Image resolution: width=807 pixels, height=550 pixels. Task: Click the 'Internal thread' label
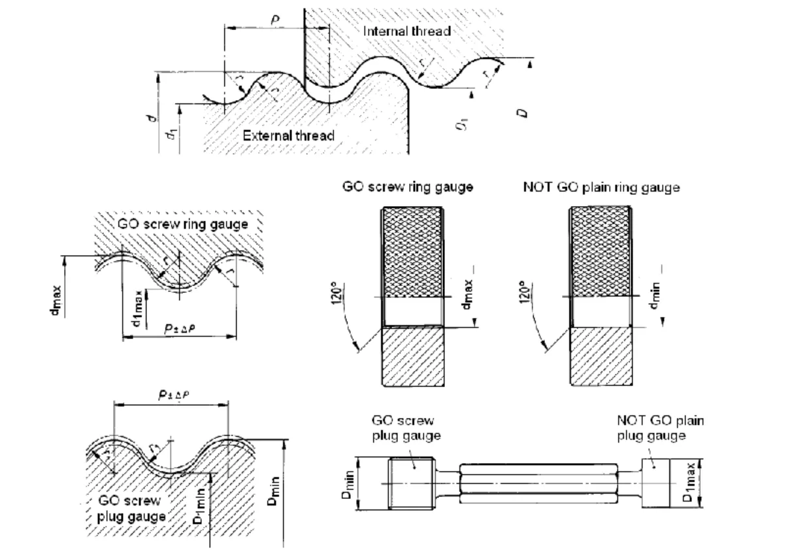(407, 31)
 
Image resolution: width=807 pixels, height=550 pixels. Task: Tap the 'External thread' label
(288, 136)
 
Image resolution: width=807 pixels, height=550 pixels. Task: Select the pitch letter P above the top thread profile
(276, 21)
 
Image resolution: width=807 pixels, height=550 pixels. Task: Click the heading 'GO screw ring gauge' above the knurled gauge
(408, 187)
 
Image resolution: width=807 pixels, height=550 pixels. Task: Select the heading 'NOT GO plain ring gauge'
(601, 187)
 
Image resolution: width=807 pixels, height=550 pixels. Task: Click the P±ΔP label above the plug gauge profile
(171, 396)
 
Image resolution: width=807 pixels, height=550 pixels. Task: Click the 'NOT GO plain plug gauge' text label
(661, 428)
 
